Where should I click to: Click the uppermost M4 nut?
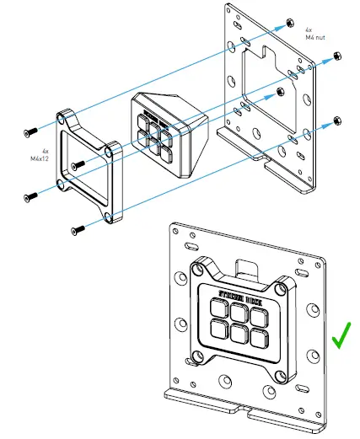[x=290, y=20]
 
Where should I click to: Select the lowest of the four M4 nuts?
[x=337, y=120]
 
